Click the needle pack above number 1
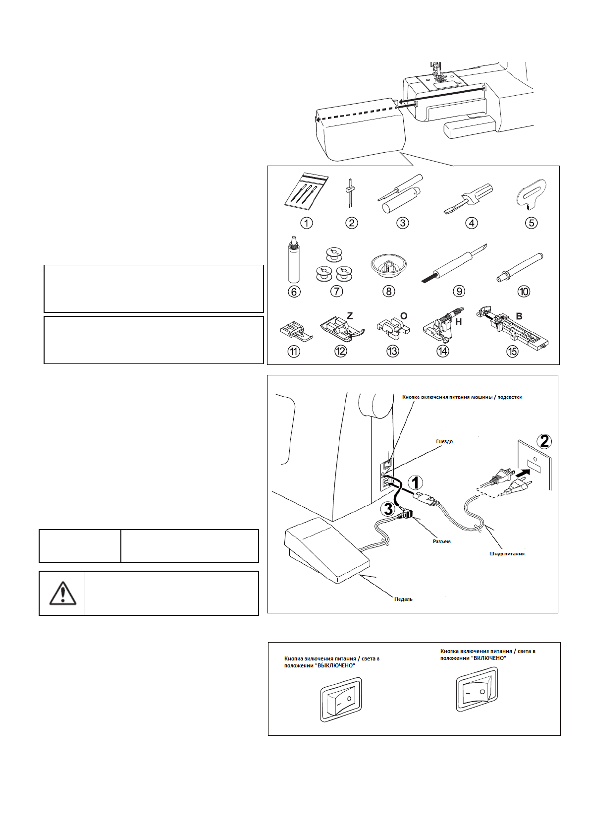click(x=306, y=191)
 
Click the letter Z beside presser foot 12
click(x=350, y=315)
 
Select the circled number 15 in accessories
click(x=512, y=351)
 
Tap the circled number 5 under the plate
click(x=531, y=223)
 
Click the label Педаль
click(x=403, y=599)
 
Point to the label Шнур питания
click(x=506, y=553)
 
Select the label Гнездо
click(x=444, y=441)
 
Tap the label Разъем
click(x=441, y=541)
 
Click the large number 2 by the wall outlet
click(x=544, y=441)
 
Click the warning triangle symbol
click(x=62, y=593)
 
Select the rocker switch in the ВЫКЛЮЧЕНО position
click(x=341, y=700)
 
